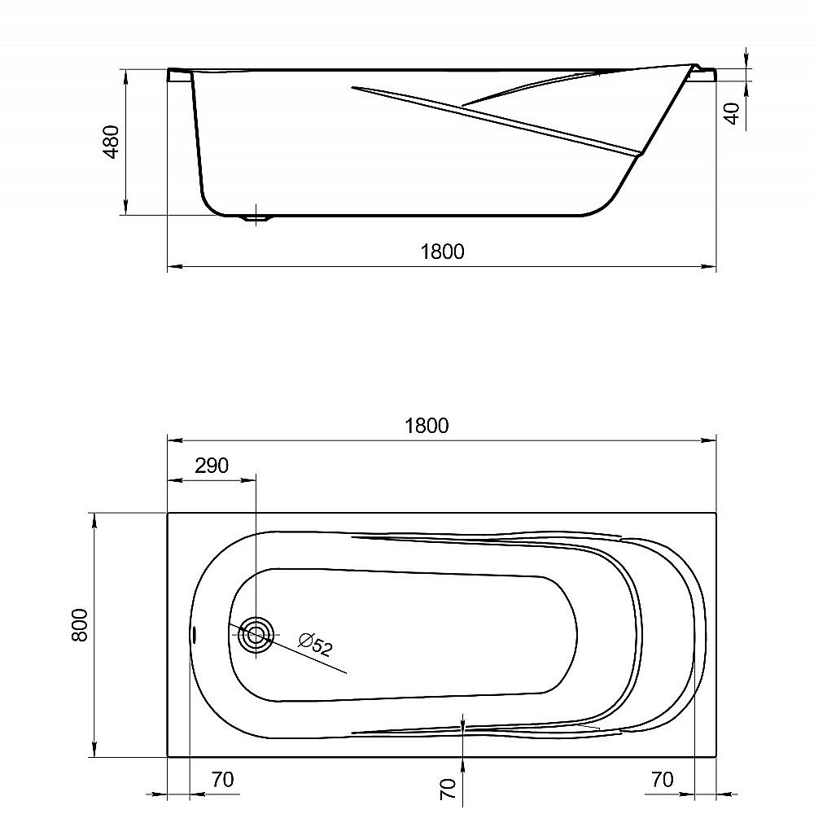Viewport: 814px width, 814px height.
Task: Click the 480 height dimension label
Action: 112,142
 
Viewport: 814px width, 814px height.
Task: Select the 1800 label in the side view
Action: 442,252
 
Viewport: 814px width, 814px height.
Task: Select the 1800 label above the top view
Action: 427,426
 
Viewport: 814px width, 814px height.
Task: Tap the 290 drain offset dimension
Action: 212,466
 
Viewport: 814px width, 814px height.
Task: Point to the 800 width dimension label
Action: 79,625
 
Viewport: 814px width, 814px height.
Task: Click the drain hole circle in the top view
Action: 256,634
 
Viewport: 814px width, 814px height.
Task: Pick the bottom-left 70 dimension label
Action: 221,779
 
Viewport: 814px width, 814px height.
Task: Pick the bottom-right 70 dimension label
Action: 663,779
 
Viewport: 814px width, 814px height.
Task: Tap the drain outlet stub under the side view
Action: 257,218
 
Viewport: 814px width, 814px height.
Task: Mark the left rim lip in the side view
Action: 179,75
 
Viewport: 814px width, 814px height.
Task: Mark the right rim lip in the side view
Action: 703,73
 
